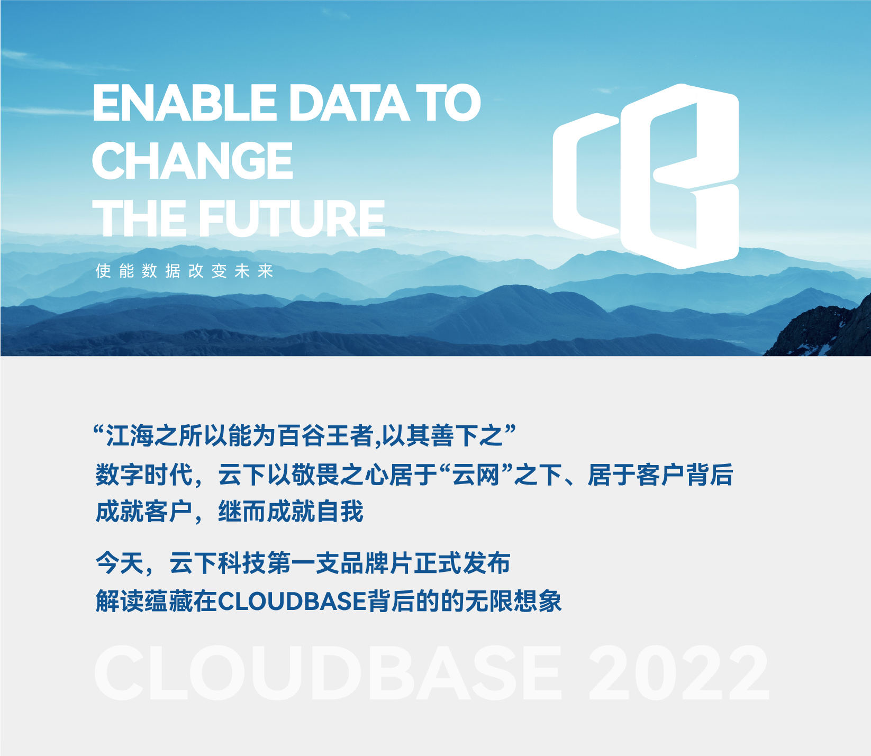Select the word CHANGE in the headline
pos(193,160)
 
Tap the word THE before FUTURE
pos(139,218)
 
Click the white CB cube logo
pos(646,176)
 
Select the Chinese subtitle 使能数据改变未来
pos(184,271)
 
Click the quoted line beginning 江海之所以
pos(305,435)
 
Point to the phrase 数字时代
pos(144,474)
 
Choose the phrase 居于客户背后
pos(660,474)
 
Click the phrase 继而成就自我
pos(291,512)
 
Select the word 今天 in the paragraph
pos(120,563)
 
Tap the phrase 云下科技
pos(218,563)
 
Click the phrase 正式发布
pos(462,563)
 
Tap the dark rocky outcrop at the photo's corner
pos(825,331)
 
